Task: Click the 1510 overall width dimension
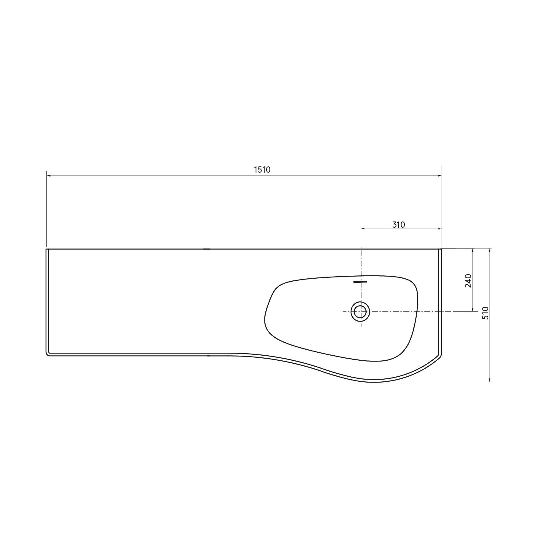tap(262, 170)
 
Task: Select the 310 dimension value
tap(399, 225)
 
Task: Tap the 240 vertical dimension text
tap(468, 281)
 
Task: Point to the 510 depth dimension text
tap(485, 313)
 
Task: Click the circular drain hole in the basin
tap(360, 312)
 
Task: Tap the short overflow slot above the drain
tap(360, 282)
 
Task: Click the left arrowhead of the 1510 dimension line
tap(49, 176)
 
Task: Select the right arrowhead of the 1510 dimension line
tap(439, 176)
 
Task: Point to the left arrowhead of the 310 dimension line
tap(363, 229)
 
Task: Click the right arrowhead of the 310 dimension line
tap(439, 229)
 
